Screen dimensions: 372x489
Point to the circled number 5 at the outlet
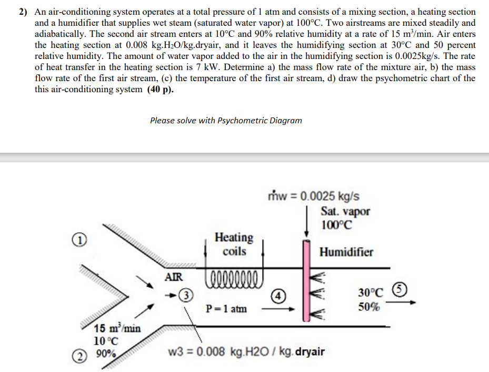pos(401,288)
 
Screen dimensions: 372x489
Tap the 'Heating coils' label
pos(234,244)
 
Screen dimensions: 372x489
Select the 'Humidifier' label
pos(346,252)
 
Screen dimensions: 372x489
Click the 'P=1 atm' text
pos(226,308)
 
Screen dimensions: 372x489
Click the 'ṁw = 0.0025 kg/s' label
pos(314,196)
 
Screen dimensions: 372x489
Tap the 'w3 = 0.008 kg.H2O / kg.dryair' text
pos(246,351)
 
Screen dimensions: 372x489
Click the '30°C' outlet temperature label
pos(372,293)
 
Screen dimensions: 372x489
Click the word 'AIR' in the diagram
pos(174,276)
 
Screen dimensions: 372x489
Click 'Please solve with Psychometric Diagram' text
pos(226,120)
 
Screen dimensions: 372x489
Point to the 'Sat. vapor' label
pos(345,211)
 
